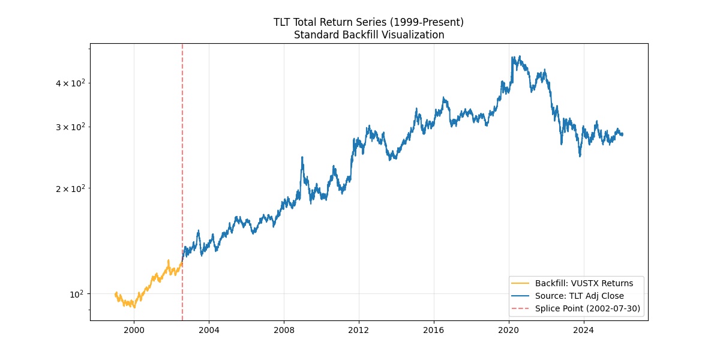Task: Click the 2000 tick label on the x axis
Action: [x=134, y=330]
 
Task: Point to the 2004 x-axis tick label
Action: [x=209, y=330]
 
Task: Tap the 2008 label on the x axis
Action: [x=284, y=330]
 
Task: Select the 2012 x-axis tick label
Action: [x=359, y=330]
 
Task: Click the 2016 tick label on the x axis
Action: [x=434, y=330]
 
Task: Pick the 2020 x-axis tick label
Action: [x=509, y=330]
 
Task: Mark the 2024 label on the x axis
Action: [x=584, y=330]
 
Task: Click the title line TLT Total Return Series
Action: [x=368, y=22]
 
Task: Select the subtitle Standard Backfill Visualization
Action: [x=368, y=35]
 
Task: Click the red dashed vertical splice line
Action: [x=182, y=150]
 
